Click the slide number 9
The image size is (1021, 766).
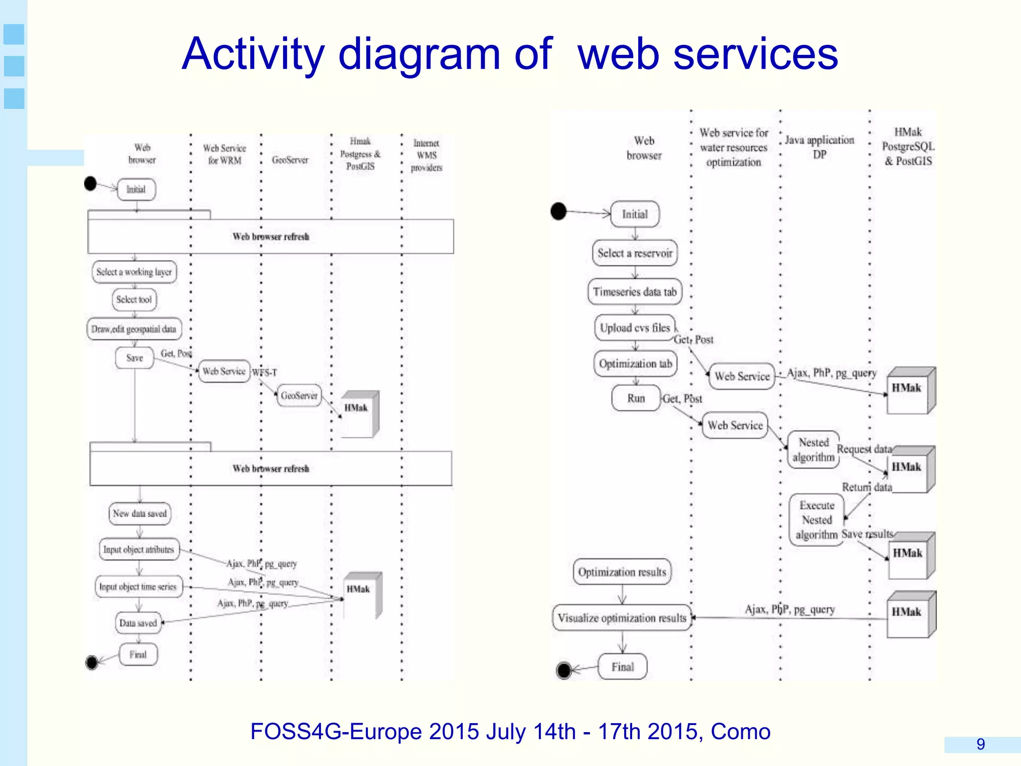tap(980, 744)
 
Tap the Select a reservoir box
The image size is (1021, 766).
tap(635, 253)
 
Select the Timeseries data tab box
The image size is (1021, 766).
tap(635, 292)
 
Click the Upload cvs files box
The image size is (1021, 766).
tap(635, 328)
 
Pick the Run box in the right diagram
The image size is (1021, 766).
tap(636, 398)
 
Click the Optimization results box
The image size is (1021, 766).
tap(622, 572)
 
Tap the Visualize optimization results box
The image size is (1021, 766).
tap(622, 618)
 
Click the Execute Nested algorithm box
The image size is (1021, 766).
tap(816, 520)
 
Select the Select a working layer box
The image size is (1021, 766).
tap(134, 272)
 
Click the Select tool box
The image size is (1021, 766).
tap(134, 300)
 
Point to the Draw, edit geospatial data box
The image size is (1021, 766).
tap(134, 329)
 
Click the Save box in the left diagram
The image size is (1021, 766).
tap(134, 358)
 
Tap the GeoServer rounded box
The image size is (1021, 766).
tap(299, 395)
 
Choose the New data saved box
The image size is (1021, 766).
tap(140, 514)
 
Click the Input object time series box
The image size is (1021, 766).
tap(138, 586)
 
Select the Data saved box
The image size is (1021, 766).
tap(138, 623)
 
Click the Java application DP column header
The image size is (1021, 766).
tap(820, 147)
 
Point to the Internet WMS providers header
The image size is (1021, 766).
tap(426, 155)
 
